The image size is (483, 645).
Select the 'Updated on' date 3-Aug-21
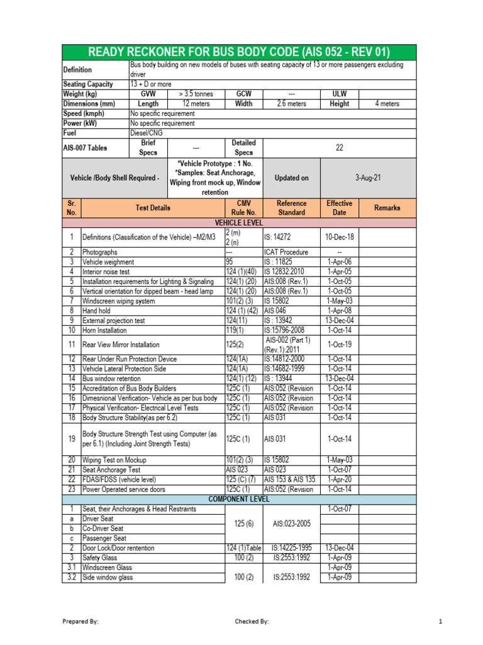[x=368, y=178]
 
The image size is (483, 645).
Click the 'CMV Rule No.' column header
[x=243, y=208]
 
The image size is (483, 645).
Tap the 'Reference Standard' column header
[x=291, y=208]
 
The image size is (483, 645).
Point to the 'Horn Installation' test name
[x=104, y=330]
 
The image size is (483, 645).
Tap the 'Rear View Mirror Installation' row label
[x=121, y=345]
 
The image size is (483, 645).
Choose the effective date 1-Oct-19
[x=340, y=345]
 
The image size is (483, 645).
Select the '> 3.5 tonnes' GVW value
[x=195, y=94]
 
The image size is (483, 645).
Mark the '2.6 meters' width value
[x=291, y=104]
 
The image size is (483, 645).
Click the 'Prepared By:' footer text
[x=80, y=622]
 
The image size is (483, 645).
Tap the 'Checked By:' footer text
[x=252, y=622]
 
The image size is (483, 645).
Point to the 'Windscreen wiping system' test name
[x=119, y=301]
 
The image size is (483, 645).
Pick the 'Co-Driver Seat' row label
[x=103, y=528]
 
